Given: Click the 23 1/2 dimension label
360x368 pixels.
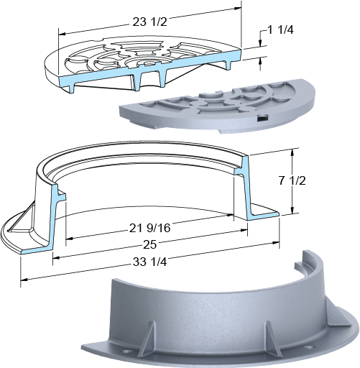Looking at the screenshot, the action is (149, 22).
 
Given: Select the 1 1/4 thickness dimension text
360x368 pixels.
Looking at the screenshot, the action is (280, 30).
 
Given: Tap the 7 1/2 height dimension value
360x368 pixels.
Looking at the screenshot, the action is (292, 180).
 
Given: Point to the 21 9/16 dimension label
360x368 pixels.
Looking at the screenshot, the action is (149, 228).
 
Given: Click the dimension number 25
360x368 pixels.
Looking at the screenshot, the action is (149, 244).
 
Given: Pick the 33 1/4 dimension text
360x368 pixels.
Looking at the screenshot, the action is (149, 262).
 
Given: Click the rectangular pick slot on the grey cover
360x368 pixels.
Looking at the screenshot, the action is (262, 117).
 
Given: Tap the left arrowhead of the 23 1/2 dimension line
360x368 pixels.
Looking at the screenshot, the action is (62, 34).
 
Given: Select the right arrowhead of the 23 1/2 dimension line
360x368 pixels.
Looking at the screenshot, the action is (238, 8).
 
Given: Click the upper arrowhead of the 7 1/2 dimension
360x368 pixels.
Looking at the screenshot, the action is (292, 152).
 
